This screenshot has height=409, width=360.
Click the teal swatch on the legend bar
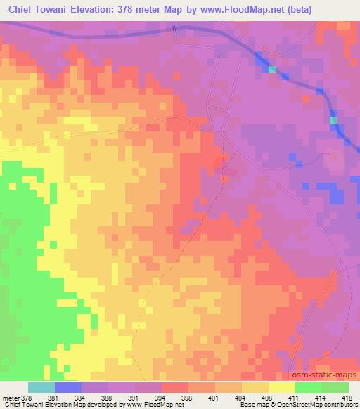pyautogui.click(x=41, y=388)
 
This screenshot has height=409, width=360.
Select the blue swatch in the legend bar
pyautogui.click(x=68, y=388)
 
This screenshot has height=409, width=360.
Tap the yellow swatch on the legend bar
pyautogui.click(x=282, y=388)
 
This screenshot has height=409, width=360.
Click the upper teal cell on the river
pyautogui.click(x=272, y=70)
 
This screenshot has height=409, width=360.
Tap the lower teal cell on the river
pyautogui.click(x=333, y=121)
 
